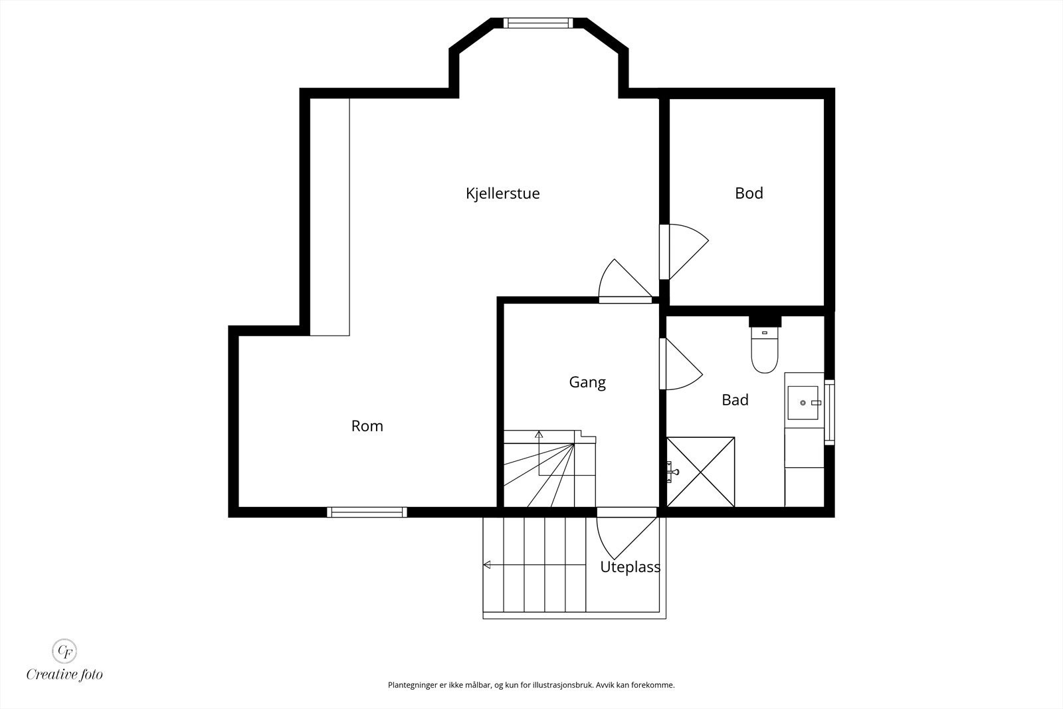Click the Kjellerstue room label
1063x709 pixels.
coord(502,193)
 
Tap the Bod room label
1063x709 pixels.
coord(749,193)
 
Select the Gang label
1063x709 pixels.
coord(587,383)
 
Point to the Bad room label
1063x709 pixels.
coord(735,400)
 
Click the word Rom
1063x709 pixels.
coord(367,426)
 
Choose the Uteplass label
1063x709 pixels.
coord(630,567)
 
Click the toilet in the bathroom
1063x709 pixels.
coord(765,350)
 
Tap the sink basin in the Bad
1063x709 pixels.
coord(803,403)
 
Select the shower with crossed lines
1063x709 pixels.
coord(700,472)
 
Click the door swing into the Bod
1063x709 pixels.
coord(689,252)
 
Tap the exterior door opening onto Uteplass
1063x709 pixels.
coord(627,537)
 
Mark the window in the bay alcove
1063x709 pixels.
coord(538,23)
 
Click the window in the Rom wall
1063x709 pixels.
coord(367,512)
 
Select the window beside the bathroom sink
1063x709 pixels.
coord(830,413)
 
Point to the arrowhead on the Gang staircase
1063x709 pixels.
coord(539,434)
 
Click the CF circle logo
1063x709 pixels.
coord(64,651)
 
